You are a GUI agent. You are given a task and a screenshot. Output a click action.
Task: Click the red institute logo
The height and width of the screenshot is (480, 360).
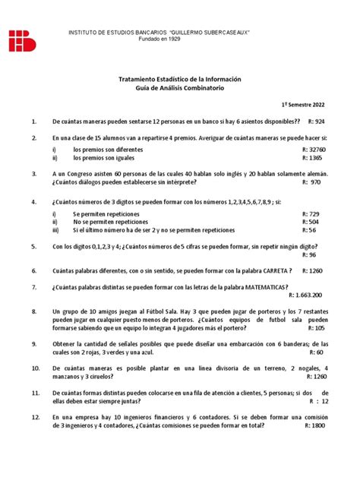(23, 40)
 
